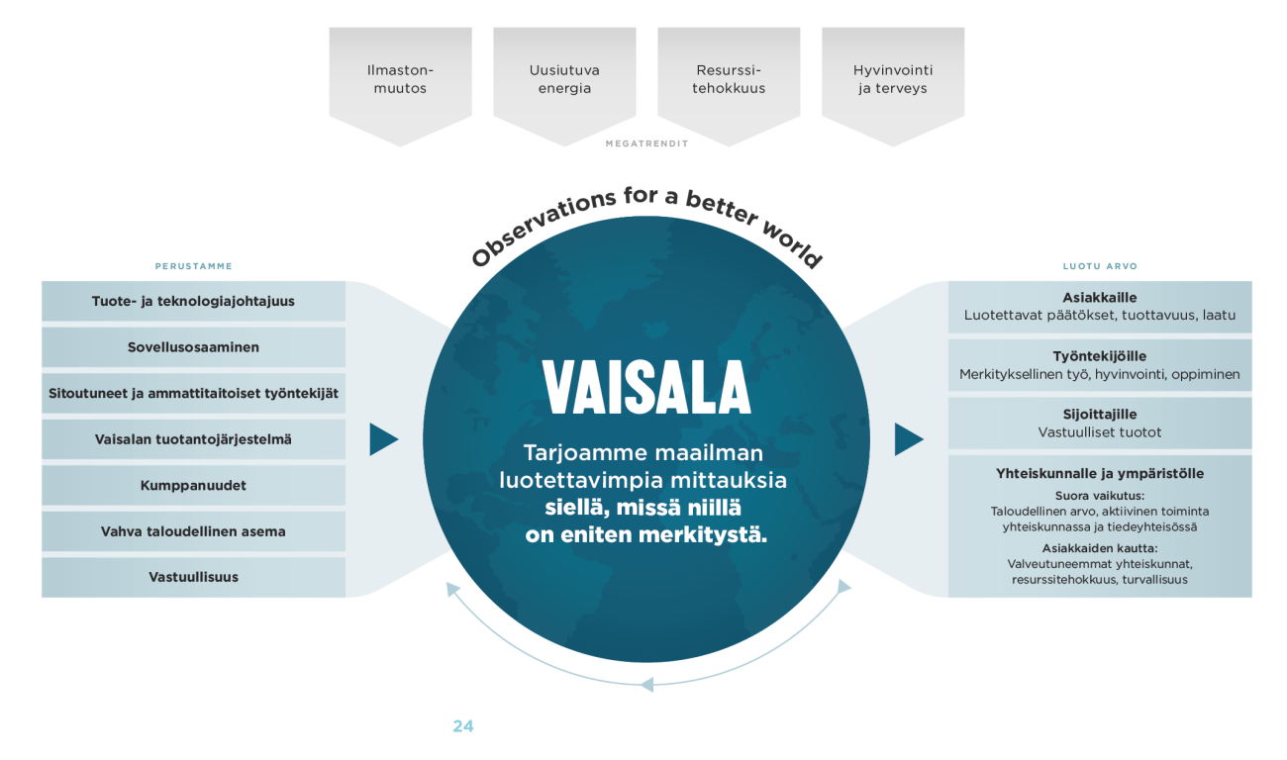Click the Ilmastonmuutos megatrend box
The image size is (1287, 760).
coord(400,80)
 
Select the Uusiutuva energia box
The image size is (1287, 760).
coord(564,80)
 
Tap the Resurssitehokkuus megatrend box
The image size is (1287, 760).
coord(729,80)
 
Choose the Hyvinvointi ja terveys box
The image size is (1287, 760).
coord(892,80)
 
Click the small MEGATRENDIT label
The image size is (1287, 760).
coord(646,143)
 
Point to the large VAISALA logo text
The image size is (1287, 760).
coord(645,387)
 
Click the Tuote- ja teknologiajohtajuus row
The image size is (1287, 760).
coord(193,301)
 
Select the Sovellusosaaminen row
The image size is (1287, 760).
coord(193,347)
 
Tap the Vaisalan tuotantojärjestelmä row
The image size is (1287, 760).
coord(193,439)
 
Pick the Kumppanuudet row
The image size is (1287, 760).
coord(193,485)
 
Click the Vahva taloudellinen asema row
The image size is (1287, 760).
coord(193,531)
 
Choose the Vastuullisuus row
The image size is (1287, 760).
coord(193,577)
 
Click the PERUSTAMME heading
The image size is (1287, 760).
coord(193,266)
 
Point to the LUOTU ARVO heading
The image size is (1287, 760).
coord(1100,266)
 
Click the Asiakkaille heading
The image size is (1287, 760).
coord(1100,298)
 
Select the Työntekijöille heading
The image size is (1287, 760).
coord(1100,356)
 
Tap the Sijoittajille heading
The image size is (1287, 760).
coord(1100,415)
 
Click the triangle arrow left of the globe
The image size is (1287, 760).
coord(382,439)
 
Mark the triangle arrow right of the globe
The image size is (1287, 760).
coord(907,439)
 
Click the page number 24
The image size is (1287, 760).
coord(462,725)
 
